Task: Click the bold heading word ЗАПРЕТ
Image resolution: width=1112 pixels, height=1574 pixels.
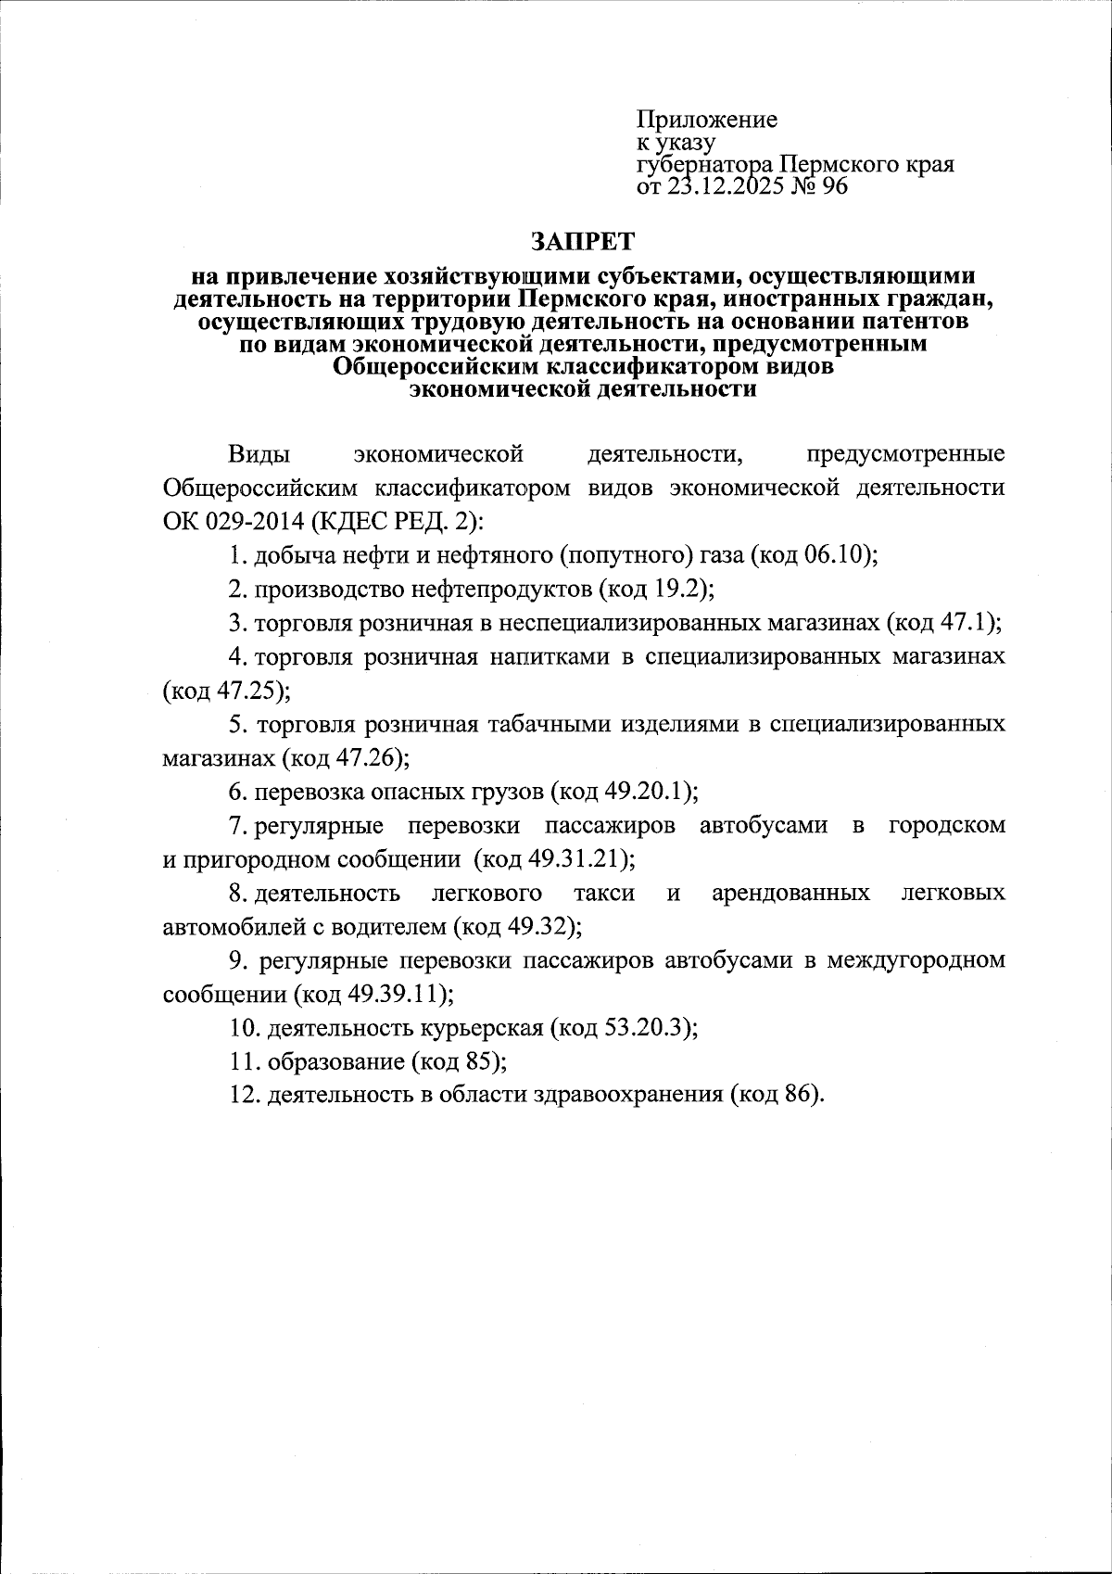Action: [x=583, y=241]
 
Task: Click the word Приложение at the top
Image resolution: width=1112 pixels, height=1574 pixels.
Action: [x=706, y=120]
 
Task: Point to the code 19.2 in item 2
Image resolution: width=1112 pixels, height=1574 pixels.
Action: [x=682, y=590]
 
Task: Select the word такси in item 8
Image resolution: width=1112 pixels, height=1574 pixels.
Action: [x=604, y=893]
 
